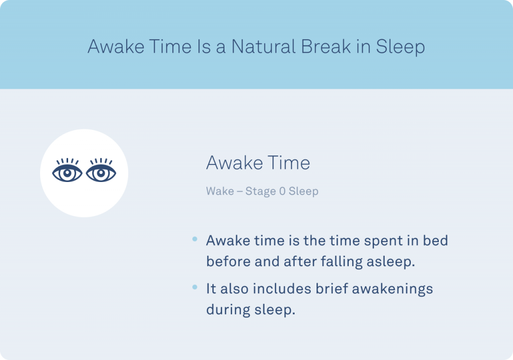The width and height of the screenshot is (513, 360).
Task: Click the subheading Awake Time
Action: coord(258,162)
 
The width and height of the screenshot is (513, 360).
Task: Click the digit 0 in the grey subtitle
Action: coord(282,191)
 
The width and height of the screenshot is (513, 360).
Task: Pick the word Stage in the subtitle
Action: coord(260,192)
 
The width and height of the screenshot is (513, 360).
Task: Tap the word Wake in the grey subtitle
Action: coord(220,191)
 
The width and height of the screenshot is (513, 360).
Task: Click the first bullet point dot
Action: coord(194,239)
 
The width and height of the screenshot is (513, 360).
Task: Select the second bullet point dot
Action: coord(194,287)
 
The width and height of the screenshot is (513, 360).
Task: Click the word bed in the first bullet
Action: coord(435,241)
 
